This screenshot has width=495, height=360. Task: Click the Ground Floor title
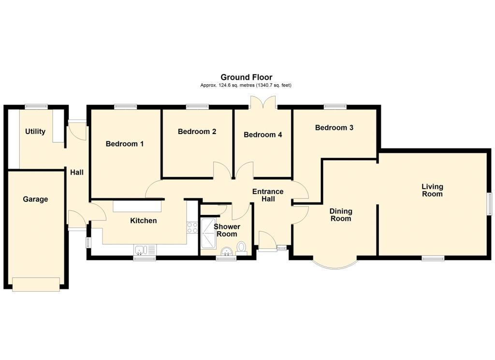[x=246, y=77]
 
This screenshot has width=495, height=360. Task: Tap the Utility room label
[x=35, y=132]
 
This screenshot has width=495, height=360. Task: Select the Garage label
[x=36, y=199]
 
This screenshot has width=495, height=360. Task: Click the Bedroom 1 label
[x=125, y=144]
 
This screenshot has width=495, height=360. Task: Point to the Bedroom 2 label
[x=197, y=132]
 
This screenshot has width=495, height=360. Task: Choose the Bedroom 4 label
[x=262, y=135]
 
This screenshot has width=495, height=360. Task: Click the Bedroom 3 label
[x=334, y=128]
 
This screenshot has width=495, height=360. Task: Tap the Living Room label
[x=432, y=190]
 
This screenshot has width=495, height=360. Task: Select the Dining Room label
[x=341, y=215]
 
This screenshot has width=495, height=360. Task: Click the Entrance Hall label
[x=268, y=195]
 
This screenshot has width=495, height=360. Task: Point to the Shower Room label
[x=227, y=230]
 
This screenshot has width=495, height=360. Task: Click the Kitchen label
[x=144, y=221]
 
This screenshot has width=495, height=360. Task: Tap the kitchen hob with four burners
[x=192, y=227]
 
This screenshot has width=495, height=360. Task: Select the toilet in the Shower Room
[x=242, y=248]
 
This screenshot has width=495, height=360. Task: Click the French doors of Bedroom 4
[x=262, y=102]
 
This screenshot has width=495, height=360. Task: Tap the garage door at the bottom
[x=36, y=285]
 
